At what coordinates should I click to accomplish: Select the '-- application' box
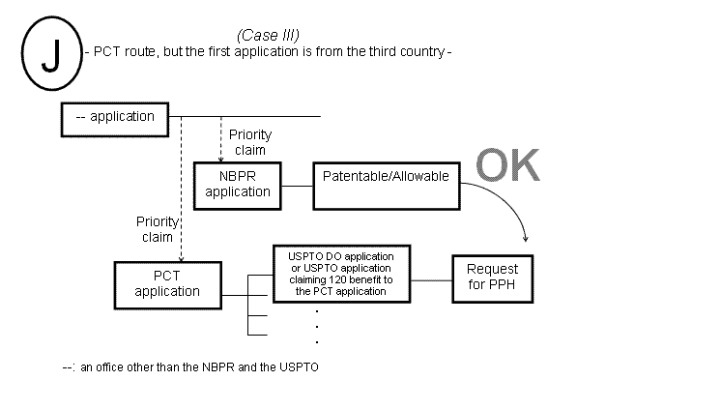[115, 117]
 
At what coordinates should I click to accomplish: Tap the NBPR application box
[238, 184]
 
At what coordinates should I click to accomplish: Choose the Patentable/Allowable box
[386, 183]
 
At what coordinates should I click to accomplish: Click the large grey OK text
[508, 165]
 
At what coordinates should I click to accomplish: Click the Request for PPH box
[492, 277]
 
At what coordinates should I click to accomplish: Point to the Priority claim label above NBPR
[249, 142]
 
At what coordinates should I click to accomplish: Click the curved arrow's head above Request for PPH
[525, 238]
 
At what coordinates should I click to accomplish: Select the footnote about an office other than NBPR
[189, 367]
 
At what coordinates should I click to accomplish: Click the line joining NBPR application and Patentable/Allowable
[298, 184]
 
